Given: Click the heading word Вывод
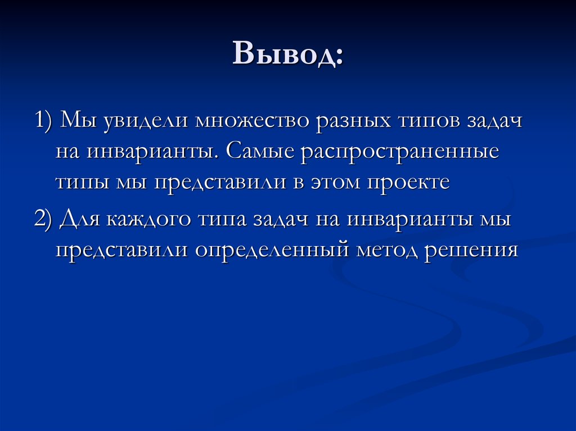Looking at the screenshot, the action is coord(284,53).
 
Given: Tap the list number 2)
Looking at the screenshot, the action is coord(44,219).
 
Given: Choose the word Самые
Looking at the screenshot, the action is coord(260,151).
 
